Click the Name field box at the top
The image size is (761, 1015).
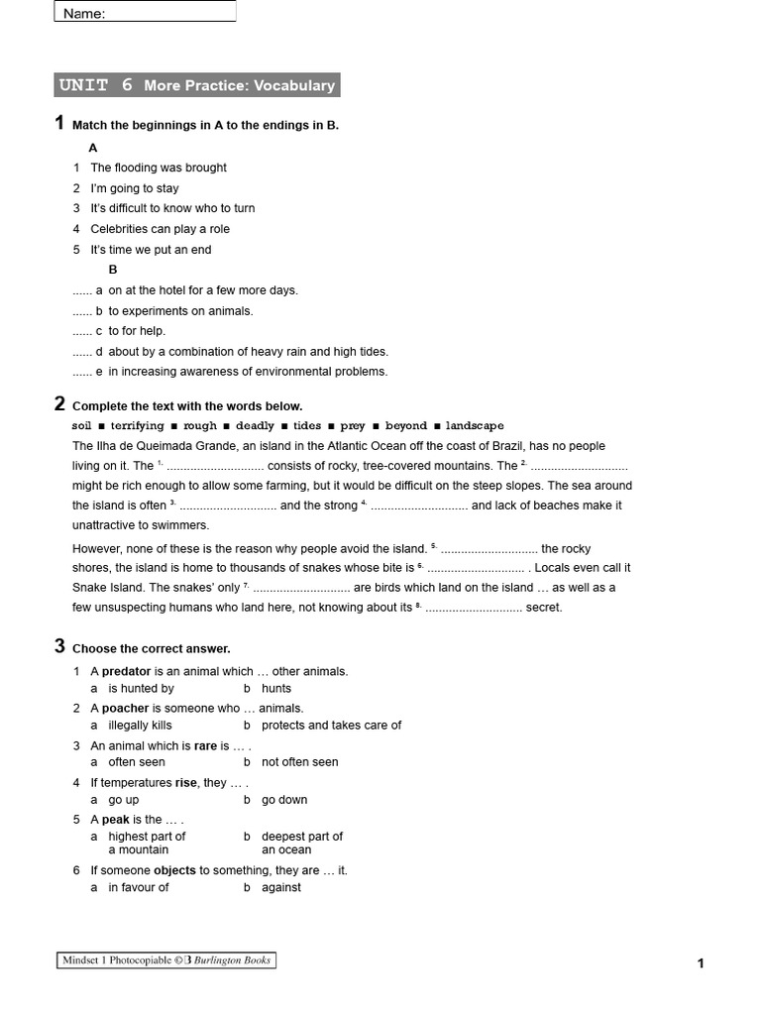(x=145, y=12)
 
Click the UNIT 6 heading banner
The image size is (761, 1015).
(x=196, y=85)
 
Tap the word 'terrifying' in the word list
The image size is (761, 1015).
(x=137, y=426)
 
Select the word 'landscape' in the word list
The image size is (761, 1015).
(x=474, y=426)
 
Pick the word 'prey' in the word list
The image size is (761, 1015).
(x=353, y=426)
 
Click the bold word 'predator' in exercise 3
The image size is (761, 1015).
(x=126, y=671)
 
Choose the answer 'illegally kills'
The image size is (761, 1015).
(x=140, y=726)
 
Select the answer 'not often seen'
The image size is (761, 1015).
(x=299, y=762)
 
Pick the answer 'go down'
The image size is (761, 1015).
(x=284, y=800)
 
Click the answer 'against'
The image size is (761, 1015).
(x=281, y=888)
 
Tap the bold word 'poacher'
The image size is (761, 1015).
(x=125, y=709)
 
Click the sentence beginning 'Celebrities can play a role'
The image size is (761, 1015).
(x=160, y=229)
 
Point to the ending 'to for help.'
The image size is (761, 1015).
(x=137, y=331)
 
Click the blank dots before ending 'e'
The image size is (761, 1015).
(x=81, y=372)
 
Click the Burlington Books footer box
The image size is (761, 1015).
(x=164, y=959)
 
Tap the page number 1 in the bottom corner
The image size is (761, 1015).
(x=701, y=963)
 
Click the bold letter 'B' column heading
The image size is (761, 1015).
(x=113, y=270)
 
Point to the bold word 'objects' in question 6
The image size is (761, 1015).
(x=174, y=870)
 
